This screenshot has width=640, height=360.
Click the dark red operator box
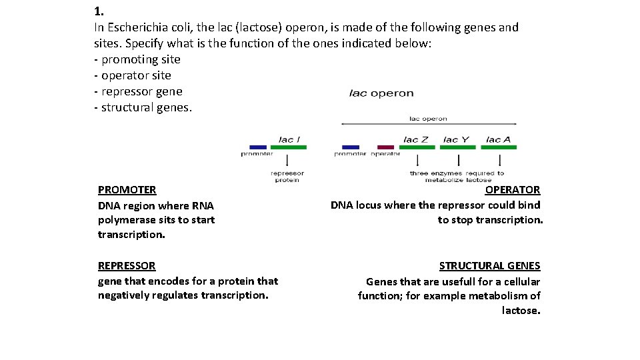point(385,147)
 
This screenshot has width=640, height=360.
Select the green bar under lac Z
point(416,147)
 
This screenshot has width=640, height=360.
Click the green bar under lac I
point(287,147)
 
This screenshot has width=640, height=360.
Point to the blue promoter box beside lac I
point(257,147)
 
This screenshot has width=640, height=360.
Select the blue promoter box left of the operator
point(350,147)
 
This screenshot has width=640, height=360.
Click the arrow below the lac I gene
point(287,161)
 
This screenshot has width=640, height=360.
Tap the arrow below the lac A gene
point(501,161)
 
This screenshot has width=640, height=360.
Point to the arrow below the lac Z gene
point(417,161)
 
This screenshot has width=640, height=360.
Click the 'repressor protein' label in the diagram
point(287,177)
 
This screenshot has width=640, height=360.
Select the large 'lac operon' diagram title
point(381,93)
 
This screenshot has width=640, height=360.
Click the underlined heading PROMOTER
point(127,190)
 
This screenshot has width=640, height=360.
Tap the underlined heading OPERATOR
point(513,190)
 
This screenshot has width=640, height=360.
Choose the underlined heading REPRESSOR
point(127,265)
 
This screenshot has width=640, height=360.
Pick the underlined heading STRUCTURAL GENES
point(489,265)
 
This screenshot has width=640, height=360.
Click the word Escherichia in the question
point(135,27)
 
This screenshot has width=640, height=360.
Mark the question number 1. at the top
point(99,11)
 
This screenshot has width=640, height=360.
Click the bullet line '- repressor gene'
point(138,91)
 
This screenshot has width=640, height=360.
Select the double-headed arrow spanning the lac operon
point(428,124)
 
